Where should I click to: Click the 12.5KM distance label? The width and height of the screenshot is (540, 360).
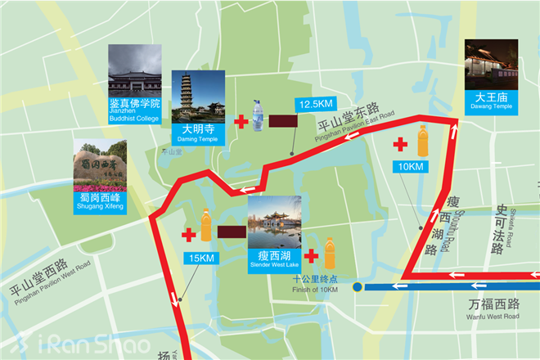pos(315,105)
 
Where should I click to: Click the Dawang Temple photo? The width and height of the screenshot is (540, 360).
pos(491,63)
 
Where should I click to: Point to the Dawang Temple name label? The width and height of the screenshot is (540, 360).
pos(491,101)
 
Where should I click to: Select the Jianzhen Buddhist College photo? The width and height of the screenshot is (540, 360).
pos(134,71)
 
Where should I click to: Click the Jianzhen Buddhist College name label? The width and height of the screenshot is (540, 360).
pos(134,110)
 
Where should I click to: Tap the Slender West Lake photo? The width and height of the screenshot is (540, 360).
pos(273,223)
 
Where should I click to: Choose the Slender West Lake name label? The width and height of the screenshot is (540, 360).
pos(273,260)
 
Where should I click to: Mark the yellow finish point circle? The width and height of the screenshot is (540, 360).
pos(358,287)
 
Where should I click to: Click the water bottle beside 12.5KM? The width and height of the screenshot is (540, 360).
pos(259,116)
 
